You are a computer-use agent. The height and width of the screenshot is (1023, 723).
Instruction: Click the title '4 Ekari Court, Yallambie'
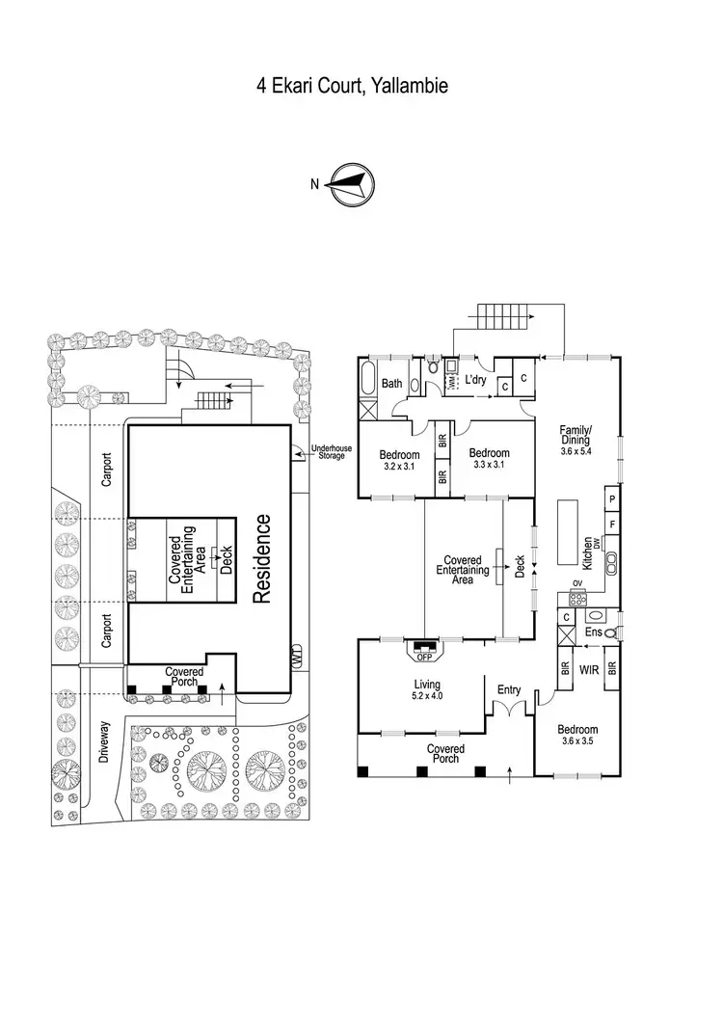pyautogui.click(x=352, y=86)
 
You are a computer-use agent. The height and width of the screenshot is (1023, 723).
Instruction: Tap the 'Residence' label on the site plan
pyautogui.click(x=261, y=559)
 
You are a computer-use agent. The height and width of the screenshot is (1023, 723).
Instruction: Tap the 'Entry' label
pyautogui.click(x=508, y=689)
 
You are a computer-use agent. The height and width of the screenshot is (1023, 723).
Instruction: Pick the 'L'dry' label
pyautogui.click(x=476, y=381)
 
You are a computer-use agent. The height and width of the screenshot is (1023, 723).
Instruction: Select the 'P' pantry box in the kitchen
pyautogui.click(x=613, y=498)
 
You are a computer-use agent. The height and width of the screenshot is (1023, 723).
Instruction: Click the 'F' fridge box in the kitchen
pyautogui.click(x=613, y=525)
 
